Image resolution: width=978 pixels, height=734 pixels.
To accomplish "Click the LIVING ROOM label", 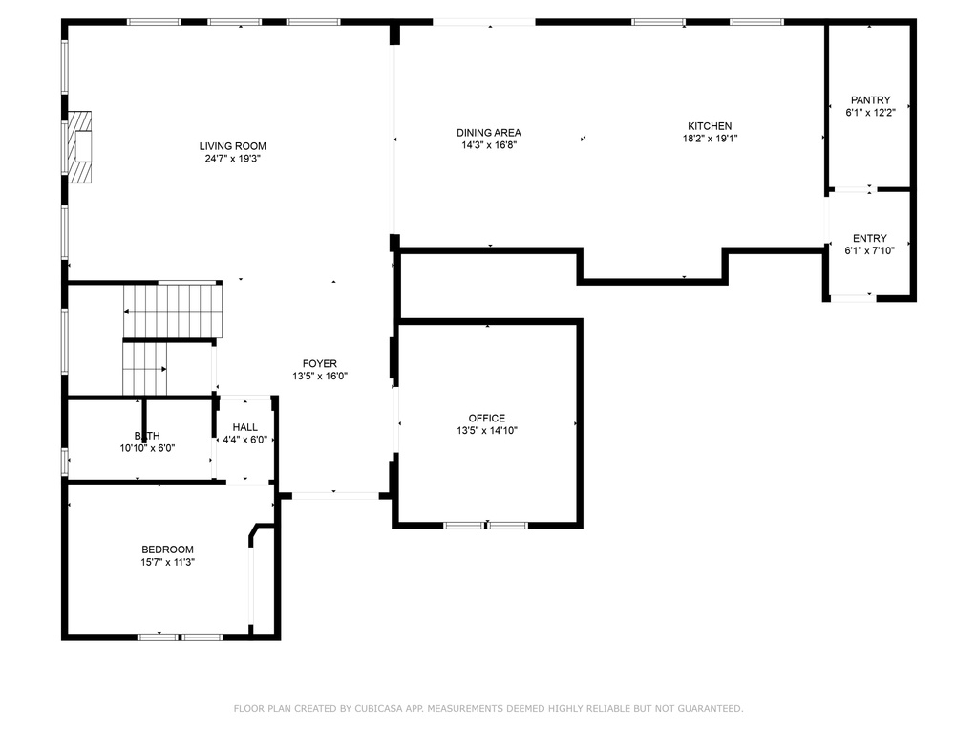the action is (233, 146).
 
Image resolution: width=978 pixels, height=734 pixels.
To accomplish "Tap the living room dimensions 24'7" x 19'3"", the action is (233, 159).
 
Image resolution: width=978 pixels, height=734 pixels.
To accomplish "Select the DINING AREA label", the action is (489, 132).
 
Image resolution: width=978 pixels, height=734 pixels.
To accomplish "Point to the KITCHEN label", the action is (710, 126).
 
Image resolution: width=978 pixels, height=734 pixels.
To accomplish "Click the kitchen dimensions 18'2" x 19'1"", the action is (710, 139).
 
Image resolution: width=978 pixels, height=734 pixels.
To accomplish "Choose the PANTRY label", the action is (871, 99).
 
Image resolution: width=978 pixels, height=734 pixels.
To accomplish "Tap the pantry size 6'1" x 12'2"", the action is (871, 113).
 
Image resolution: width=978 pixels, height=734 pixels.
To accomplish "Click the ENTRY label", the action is (870, 238).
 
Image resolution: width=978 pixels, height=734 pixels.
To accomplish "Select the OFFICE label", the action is (487, 419).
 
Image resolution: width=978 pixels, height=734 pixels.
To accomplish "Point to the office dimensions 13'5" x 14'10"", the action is (487, 431).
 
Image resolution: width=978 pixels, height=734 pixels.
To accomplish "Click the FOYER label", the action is (320, 363).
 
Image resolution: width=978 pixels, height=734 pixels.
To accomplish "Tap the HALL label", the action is (245, 427).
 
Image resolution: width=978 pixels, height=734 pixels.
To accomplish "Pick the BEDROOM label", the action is (168, 550).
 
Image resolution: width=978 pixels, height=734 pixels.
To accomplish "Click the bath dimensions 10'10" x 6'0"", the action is (147, 448).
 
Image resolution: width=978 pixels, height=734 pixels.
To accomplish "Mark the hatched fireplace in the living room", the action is (80, 147).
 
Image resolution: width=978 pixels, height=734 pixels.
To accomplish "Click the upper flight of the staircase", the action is (173, 311).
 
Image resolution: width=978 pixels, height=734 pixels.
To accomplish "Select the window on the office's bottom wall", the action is (486, 525).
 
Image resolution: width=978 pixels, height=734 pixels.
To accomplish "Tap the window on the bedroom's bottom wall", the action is (180, 637).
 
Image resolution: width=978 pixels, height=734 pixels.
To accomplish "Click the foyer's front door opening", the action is (335, 496).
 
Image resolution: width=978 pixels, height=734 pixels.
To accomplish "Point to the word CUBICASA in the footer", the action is (378, 708).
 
